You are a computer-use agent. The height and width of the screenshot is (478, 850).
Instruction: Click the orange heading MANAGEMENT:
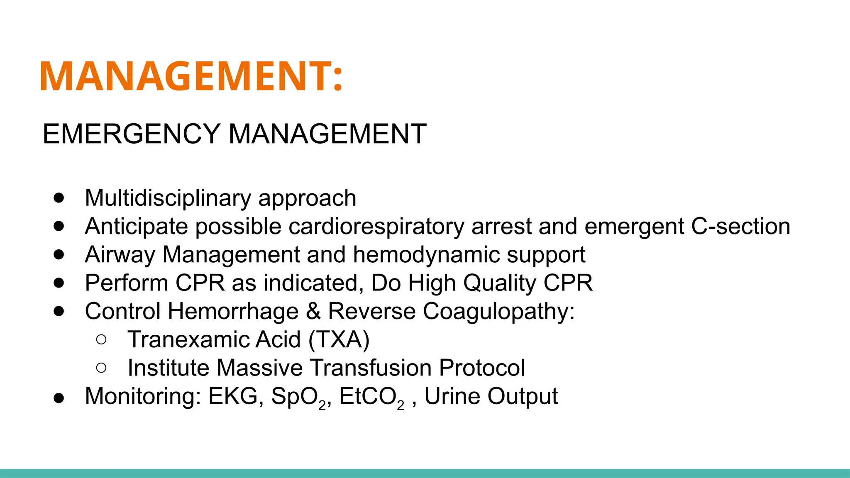tap(191, 76)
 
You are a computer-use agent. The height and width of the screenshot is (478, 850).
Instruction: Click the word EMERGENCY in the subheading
tap(131, 134)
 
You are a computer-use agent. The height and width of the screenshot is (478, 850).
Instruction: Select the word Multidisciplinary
tap(168, 198)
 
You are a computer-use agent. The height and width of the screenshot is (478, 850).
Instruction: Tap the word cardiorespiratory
tap(376, 227)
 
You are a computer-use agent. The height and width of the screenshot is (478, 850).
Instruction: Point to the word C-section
tap(740, 227)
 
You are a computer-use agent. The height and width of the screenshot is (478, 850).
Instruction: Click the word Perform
tap(126, 283)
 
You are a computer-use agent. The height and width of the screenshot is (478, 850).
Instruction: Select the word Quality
tap(500, 283)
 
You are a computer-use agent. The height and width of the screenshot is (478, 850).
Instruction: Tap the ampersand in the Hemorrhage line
tap(313, 311)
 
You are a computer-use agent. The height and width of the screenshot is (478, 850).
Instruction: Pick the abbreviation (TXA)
tap(339, 339)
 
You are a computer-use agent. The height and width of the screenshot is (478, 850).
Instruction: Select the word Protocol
tap(482, 368)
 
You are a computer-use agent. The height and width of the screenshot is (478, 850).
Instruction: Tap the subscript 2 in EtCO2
tap(401, 405)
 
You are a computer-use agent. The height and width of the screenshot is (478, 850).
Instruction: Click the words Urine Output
tap(491, 396)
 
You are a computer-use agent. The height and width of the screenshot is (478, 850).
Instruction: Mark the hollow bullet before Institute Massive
tap(101, 368)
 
